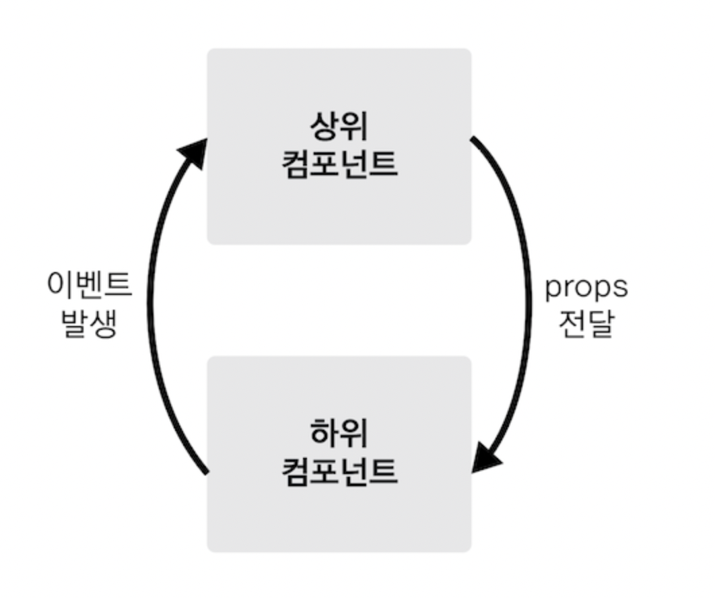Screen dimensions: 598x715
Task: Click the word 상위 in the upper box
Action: click(x=339, y=125)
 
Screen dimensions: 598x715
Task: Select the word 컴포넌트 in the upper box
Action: click(x=339, y=164)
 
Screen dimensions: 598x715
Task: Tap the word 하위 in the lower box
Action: click(x=339, y=433)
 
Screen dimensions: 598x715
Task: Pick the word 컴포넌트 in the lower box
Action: click(x=339, y=471)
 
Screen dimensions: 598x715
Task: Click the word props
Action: click(x=586, y=288)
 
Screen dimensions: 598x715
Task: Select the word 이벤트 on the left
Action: click(x=90, y=285)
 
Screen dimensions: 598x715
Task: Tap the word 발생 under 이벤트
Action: click(x=90, y=323)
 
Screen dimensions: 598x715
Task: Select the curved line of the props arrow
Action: click(x=527, y=296)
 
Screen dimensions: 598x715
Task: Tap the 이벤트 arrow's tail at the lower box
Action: click(x=205, y=471)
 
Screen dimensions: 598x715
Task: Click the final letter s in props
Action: click(x=620, y=288)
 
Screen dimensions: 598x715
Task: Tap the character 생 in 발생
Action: click(x=104, y=323)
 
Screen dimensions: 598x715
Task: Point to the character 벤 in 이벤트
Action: click(x=90, y=285)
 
